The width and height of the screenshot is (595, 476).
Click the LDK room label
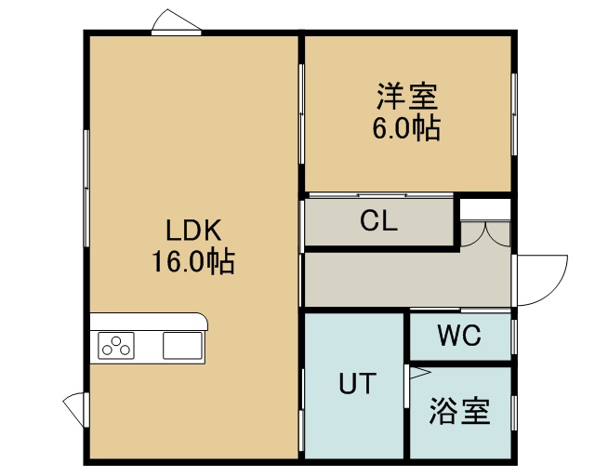click(x=193, y=231)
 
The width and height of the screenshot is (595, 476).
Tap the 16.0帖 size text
click(x=193, y=261)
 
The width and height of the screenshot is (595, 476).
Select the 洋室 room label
click(x=407, y=96)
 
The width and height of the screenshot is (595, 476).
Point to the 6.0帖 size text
click(x=406, y=128)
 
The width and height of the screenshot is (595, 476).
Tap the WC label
click(x=459, y=336)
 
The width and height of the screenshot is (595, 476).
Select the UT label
click(x=357, y=383)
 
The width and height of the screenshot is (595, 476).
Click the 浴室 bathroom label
click(x=460, y=411)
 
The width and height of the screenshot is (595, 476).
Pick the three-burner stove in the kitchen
click(x=116, y=346)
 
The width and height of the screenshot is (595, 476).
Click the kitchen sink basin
click(x=182, y=346)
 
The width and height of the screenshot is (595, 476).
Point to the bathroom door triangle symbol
click(x=419, y=373)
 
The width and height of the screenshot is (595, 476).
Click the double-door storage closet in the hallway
click(x=485, y=235)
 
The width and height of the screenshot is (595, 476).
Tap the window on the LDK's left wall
click(x=86, y=189)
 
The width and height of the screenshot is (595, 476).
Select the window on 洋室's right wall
click(x=514, y=113)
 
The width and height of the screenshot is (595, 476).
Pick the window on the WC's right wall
click(x=514, y=337)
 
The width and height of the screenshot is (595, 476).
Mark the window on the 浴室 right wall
click(x=514, y=413)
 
